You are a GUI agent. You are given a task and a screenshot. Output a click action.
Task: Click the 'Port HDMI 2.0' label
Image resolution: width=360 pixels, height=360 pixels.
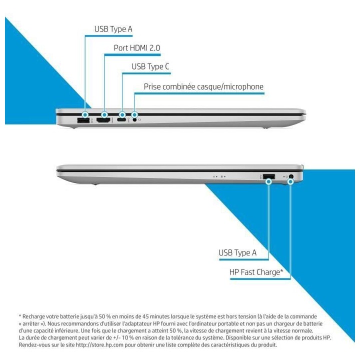click(137, 48)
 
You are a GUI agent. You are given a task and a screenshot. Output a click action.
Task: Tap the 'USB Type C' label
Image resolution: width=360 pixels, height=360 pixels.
click(150, 67)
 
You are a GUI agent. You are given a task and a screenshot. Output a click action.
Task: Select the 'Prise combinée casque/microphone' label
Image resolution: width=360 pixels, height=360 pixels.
click(203, 87)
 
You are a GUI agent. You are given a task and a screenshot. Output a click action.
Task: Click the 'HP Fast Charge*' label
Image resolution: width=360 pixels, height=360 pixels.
click(256, 272)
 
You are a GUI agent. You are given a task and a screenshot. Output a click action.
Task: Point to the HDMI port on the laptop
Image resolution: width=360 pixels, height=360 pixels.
click(103, 120)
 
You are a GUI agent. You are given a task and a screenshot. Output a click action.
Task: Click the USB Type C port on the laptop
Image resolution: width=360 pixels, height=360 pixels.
click(122, 120)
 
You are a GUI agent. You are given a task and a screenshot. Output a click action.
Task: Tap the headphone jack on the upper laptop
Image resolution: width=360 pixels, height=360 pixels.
click(135, 119)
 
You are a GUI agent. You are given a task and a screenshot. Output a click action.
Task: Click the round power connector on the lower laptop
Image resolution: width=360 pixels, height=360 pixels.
click(291, 176)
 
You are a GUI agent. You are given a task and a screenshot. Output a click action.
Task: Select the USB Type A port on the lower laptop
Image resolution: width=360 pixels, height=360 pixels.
click(269, 176)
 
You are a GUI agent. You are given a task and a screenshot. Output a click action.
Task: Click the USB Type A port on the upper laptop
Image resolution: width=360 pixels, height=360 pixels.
click(83, 120)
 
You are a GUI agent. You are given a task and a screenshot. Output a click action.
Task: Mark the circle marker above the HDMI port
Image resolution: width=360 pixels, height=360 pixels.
click(104, 114)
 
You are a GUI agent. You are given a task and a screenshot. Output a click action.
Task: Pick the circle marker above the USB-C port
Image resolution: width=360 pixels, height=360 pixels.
click(122, 114)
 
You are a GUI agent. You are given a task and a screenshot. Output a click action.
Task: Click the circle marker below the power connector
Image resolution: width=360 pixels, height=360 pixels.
click(290, 182)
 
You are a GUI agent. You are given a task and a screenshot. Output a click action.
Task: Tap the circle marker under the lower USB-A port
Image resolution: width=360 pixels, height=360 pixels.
click(268, 182)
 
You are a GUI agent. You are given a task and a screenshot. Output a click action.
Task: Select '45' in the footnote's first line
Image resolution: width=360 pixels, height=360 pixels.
click(145, 316)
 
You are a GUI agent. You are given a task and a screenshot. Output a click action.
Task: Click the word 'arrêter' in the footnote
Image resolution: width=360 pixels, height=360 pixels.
click(31, 323)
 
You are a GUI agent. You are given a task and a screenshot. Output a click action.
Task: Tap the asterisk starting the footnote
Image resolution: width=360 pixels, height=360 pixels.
click(20, 316)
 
